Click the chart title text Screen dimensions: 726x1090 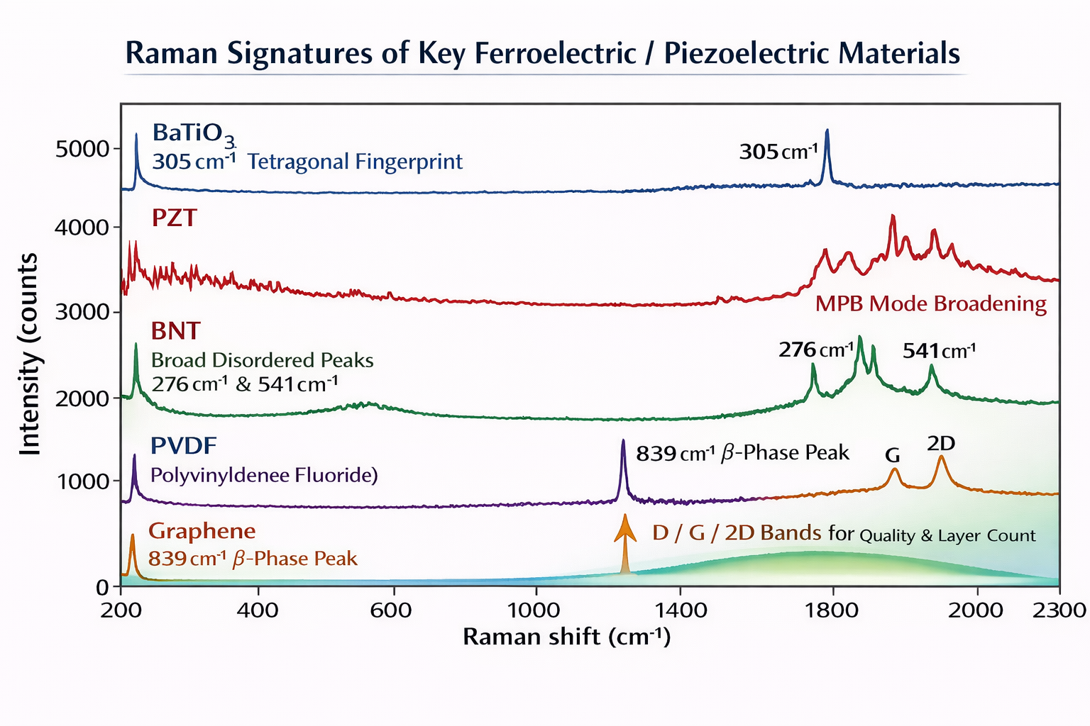coord(543,54)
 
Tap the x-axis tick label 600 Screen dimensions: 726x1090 coord(391,610)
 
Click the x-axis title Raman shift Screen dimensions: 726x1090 coord(566,637)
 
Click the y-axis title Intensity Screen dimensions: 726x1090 coord(30,354)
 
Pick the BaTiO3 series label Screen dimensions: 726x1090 coord(194,133)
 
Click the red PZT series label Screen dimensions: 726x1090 coord(174,218)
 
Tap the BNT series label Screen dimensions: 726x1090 coord(176,331)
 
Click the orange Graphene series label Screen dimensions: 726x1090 coord(202,531)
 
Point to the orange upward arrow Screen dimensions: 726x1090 coord(624,542)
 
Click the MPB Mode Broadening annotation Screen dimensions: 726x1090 coord(930,304)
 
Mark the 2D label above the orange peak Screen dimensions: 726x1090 coord(941,444)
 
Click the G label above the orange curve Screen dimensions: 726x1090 coord(893,455)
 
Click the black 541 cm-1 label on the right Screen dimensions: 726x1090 coord(939,351)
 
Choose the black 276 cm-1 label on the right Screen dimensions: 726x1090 coord(816,350)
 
